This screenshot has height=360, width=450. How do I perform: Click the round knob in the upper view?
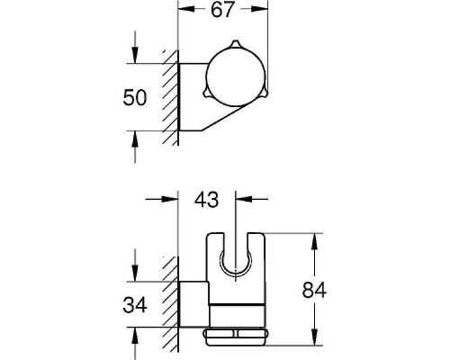tap(235, 78)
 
